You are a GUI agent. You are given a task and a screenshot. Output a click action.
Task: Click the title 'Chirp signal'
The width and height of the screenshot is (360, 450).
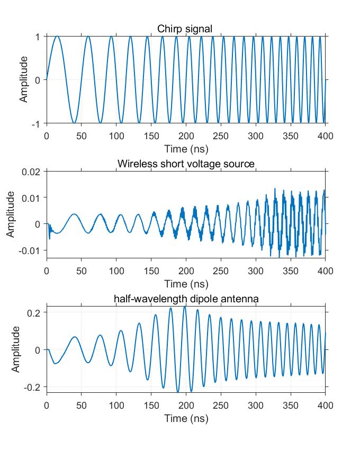click(x=185, y=29)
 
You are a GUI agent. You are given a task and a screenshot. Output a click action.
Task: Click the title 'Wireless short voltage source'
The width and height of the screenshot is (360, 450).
click(x=186, y=164)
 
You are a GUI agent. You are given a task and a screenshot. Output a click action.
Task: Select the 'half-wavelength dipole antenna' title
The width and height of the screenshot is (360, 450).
click(x=186, y=299)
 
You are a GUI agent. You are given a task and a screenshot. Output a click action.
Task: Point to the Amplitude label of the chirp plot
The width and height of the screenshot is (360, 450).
click(x=24, y=80)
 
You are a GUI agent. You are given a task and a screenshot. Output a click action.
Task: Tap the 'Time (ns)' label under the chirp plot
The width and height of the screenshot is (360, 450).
click(x=186, y=148)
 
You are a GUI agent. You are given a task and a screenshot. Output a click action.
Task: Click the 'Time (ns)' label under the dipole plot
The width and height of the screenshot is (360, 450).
click(x=186, y=418)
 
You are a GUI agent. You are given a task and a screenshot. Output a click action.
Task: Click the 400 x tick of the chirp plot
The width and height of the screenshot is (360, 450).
click(x=325, y=136)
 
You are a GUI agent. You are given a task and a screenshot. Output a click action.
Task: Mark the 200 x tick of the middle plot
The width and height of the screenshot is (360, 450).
click(x=186, y=271)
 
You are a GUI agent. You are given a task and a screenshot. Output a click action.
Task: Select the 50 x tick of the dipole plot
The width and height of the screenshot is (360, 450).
click(x=82, y=406)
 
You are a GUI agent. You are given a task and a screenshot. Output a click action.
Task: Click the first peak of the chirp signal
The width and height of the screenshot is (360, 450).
click(x=57, y=37)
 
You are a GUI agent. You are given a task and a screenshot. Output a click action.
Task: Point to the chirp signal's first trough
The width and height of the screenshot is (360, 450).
click(x=74, y=123)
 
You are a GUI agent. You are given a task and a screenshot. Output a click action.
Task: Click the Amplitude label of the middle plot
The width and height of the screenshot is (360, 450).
click(x=11, y=214)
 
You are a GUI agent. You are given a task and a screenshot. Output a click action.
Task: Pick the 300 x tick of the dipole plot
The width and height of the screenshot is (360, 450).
click(x=255, y=406)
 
